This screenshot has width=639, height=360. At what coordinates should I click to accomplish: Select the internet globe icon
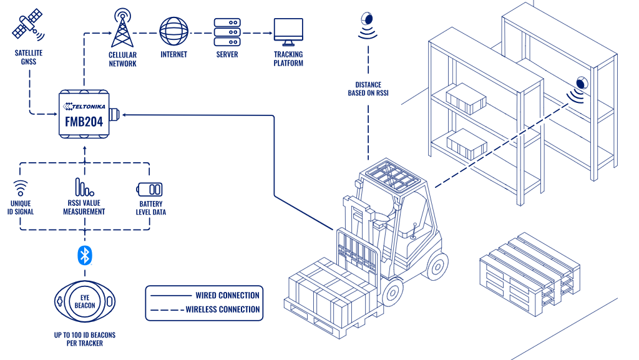pos(173,31)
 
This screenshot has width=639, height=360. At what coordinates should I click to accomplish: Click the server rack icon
pos(227,32)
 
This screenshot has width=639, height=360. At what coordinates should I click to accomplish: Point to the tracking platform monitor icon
pos(288,32)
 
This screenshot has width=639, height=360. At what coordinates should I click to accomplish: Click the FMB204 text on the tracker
pos(84,122)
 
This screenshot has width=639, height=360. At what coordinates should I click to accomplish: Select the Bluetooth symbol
pos(84,254)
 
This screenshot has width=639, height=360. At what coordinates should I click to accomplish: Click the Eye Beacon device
pos(84,301)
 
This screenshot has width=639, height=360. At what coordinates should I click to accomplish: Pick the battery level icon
pos(149,189)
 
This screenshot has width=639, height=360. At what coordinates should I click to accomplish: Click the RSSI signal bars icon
pos(84,187)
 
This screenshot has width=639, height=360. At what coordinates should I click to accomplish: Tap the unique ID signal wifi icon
pos(21,188)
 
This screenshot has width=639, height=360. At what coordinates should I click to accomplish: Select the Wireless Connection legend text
pos(222,309)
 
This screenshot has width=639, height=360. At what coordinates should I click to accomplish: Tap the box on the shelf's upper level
pos(466,99)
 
